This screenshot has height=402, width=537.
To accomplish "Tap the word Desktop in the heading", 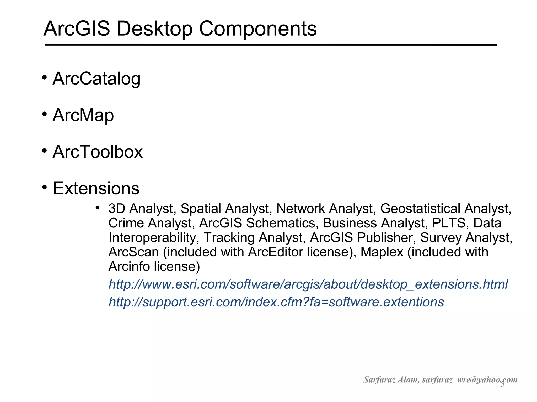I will click(154, 29).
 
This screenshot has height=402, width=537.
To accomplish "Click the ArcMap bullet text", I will click(83, 115).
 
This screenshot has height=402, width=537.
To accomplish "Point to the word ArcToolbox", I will click(98, 152).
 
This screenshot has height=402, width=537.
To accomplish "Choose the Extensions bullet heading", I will click(96, 188).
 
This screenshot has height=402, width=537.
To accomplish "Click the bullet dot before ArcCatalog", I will click(44, 77).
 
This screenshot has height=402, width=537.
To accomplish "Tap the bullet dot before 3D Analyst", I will click(97, 208).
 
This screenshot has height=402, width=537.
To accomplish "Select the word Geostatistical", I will click(420, 209).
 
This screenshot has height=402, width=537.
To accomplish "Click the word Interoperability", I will click(152, 238).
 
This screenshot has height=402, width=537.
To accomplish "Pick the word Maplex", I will click(382, 252).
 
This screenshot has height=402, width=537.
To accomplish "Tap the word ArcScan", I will click(133, 252).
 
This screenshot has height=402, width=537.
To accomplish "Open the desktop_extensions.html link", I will click(308, 284).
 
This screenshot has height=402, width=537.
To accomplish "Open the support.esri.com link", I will click(276, 302).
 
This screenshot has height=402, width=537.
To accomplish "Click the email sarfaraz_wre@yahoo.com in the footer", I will click(470, 380).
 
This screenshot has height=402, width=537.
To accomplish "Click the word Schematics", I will click(281, 223).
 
